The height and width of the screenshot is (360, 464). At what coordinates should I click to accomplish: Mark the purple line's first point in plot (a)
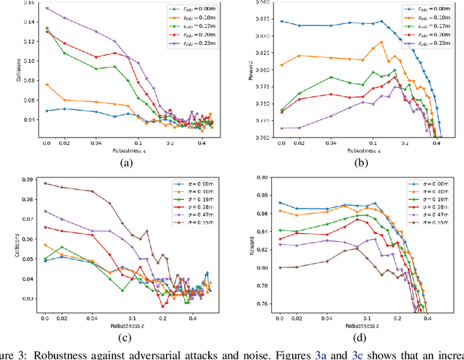[x=46, y=9]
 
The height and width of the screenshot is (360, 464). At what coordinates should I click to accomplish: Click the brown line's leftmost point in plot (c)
[x=45, y=183]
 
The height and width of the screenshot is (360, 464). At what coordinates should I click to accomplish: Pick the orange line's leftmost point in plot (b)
[x=282, y=64]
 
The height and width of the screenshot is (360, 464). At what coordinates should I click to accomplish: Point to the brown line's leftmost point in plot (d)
[x=282, y=267]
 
